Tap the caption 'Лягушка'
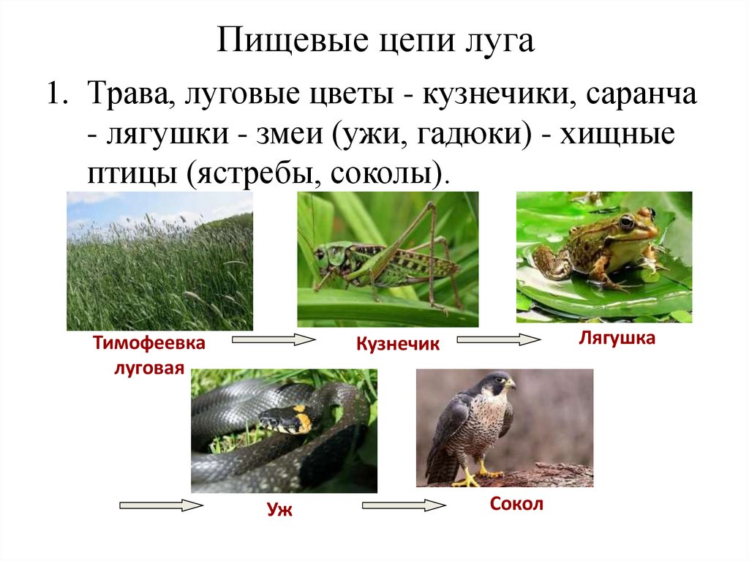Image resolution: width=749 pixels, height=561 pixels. pyautogui.click(x=617, y=338)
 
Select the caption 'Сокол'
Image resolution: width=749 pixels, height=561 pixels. pyautogui.click(x=516, y=505)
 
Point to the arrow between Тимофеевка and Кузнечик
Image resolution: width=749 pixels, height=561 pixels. pyautogui.click(x=274, y=339)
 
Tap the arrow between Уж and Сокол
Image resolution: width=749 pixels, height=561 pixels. pyautogui.click(x=404, y=505)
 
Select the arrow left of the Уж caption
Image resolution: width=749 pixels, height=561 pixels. pyautogui.click(x=160, y=505)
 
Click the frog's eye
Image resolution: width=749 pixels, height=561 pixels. pyautogui.click(x=626, y=221)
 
